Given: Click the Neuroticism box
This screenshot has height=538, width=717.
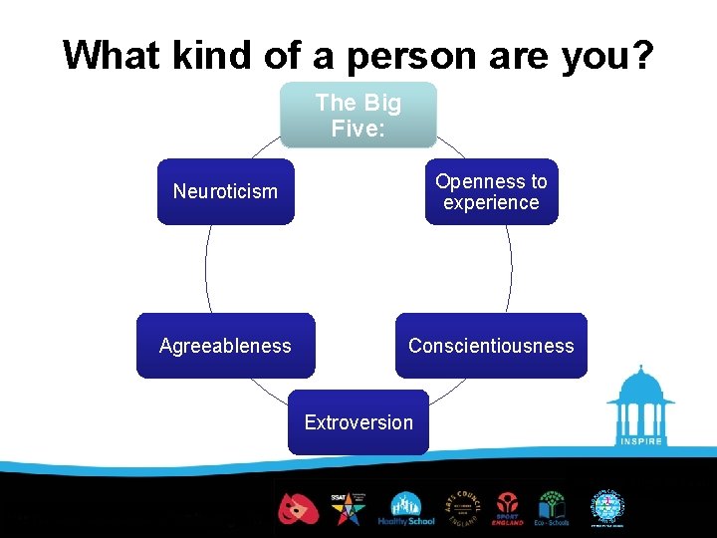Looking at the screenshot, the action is point(225,191).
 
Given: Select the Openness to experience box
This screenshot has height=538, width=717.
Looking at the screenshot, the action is point(491,191).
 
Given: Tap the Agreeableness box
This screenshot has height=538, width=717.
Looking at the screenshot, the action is point(225,346).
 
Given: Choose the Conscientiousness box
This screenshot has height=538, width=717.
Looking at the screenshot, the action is point(491,346).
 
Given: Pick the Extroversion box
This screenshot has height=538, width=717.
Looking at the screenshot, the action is point(358,422).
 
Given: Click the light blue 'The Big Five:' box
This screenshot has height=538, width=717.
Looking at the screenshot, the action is point(358,115).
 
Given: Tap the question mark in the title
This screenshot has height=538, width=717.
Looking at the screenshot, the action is point(642,56).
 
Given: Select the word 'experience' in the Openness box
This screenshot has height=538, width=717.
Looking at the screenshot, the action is point(491,202).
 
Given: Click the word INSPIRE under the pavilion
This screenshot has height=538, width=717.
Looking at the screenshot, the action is point(640,441).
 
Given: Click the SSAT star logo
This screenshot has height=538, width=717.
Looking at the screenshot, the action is point(348,508).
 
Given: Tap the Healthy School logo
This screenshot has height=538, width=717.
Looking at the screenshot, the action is point(405,508).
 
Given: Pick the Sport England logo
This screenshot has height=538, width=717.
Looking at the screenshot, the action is point(507,508).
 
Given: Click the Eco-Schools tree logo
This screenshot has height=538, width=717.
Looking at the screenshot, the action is point(553,508).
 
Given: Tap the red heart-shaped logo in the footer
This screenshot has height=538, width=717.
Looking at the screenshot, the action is point(297,508).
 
